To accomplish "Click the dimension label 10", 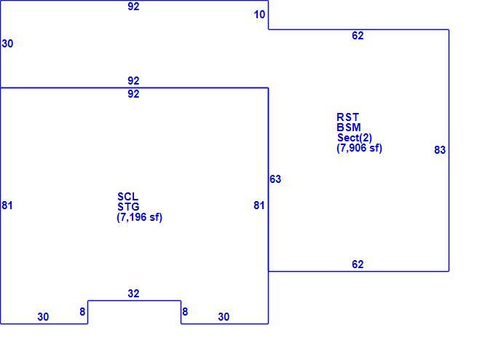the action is point(259,15).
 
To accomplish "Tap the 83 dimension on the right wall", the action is point(440,150).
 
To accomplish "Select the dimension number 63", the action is point(275,179).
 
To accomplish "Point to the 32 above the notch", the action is point(133,294).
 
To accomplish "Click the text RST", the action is point(347,117).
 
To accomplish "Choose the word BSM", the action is point(349,128).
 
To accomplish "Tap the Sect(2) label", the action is point(355,138).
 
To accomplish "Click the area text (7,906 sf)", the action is point(360,148).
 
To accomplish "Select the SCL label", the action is point(127,197).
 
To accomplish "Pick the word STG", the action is point(128,206).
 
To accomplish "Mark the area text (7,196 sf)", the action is point(140,217).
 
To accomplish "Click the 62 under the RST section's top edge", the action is point(358,36).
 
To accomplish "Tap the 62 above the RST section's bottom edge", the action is point(358,265).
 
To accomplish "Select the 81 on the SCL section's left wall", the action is point(7,206).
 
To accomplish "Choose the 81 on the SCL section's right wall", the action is point(259,206).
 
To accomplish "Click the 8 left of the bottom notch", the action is point(82,312).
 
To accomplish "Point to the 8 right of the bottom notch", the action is point(185,312).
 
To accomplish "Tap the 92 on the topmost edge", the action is point(133,7).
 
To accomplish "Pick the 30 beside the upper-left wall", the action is point(7,44).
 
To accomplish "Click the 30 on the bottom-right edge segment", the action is point(224,317).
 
